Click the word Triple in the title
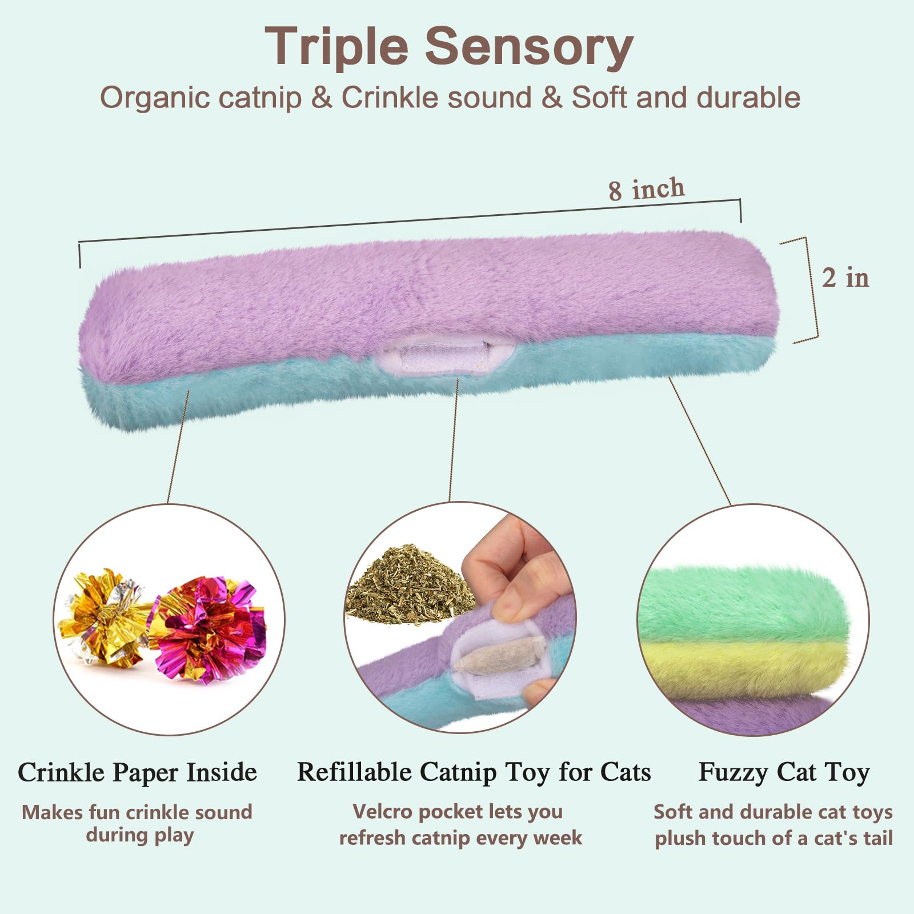(x=336, y=47)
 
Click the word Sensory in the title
(x=529, y=47)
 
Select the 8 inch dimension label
(x=646, y=189)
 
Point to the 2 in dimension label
(x=845, y=278)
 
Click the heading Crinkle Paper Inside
(x=137, y=772)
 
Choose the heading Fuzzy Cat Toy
(x=784, y=773)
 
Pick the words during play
(x=140, y=835)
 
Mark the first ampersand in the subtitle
(x=322, y=98)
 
